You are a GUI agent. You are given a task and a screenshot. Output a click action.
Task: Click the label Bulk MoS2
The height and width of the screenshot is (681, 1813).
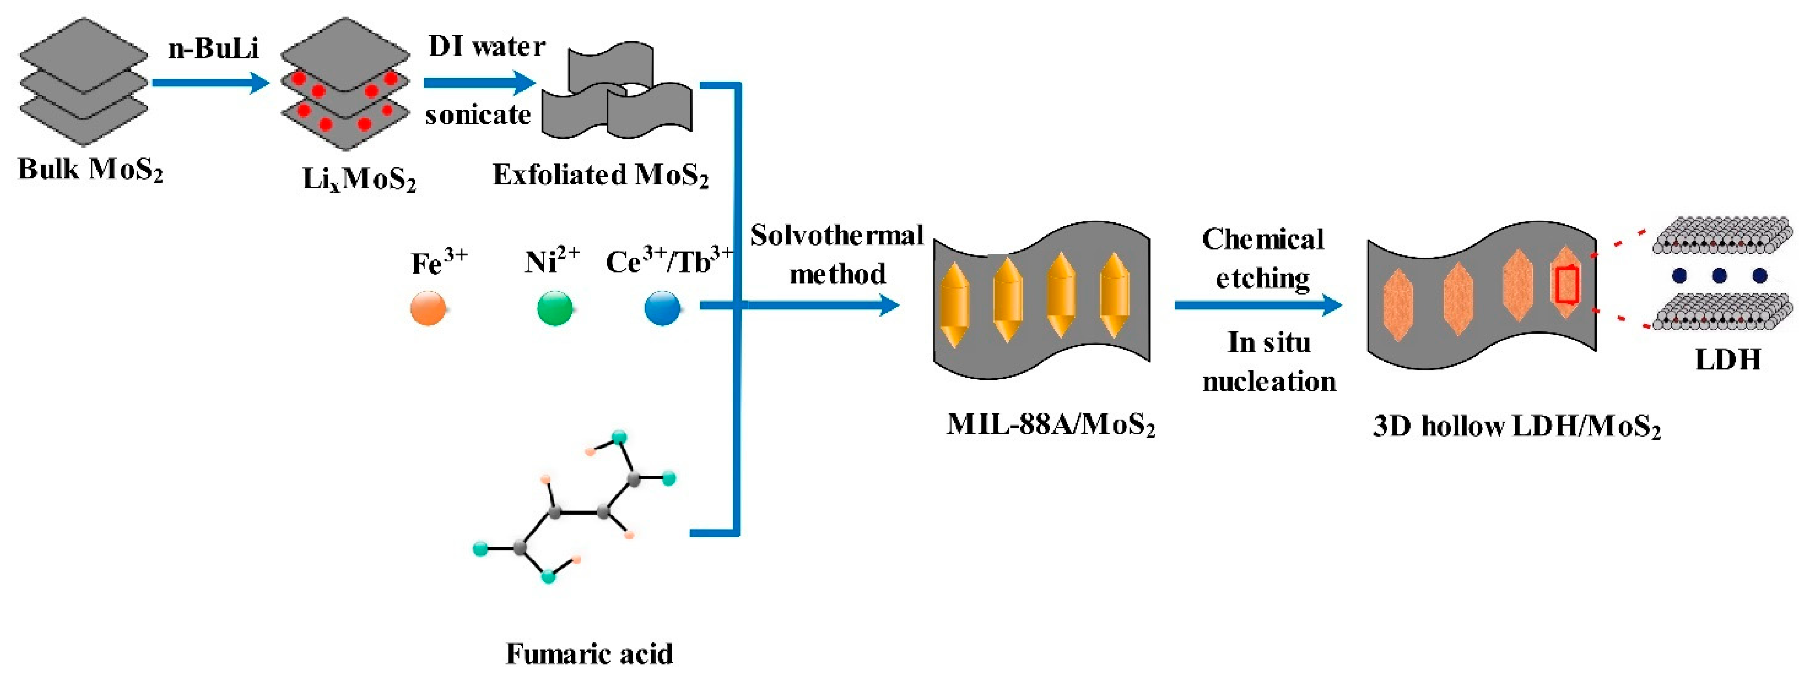91,169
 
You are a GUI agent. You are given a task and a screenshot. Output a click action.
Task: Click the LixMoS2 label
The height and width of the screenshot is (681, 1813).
359,179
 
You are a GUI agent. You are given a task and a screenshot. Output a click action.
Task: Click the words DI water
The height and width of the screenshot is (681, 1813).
486,46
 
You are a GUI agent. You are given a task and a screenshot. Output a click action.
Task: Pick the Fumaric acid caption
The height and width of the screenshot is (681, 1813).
589,654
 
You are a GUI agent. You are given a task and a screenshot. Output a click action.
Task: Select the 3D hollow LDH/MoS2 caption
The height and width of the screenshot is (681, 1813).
1517,426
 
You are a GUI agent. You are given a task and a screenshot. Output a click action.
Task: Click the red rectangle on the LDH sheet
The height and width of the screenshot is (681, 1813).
1566,285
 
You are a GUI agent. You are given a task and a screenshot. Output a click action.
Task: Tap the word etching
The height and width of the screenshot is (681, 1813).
1262,279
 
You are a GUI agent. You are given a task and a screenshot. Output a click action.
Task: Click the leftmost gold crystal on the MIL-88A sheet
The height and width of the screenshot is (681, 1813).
954,304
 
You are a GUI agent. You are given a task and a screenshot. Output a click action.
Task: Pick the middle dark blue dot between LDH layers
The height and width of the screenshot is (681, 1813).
1719,275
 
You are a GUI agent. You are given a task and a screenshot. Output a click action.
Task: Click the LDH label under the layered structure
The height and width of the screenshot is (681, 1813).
1728,360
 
